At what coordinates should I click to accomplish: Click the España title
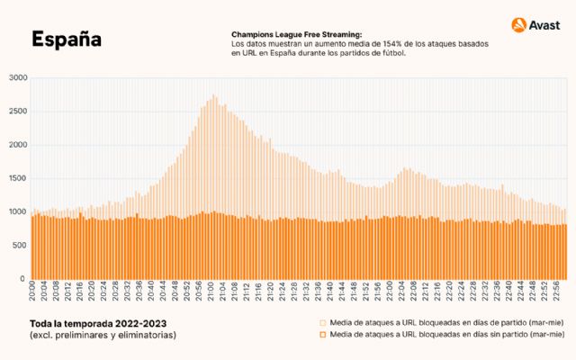[66, 40]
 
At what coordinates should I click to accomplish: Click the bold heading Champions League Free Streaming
[296, 34]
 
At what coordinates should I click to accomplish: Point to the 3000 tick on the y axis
[19, 78]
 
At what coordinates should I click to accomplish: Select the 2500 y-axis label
[19, 112]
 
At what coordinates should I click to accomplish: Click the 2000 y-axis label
[19, 145]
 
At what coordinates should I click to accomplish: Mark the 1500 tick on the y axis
[19, 178]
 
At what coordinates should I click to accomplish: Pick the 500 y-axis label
[21, 245]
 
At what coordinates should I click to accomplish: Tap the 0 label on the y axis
[26, 278]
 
